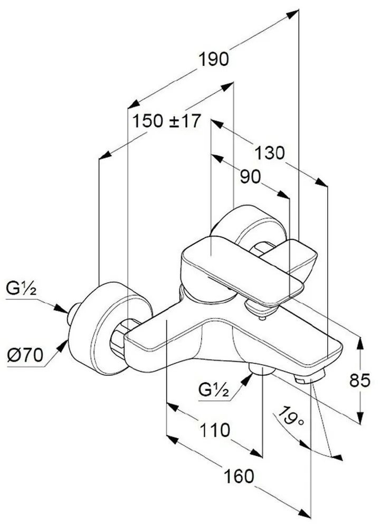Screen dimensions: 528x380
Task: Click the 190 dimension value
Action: click(214, 59)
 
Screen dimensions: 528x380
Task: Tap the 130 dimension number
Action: click(270, 154)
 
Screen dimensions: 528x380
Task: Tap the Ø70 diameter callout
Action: click(24, 355)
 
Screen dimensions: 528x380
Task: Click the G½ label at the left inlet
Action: click(21, 289)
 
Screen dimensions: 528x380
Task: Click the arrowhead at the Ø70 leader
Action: click(64, 344)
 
